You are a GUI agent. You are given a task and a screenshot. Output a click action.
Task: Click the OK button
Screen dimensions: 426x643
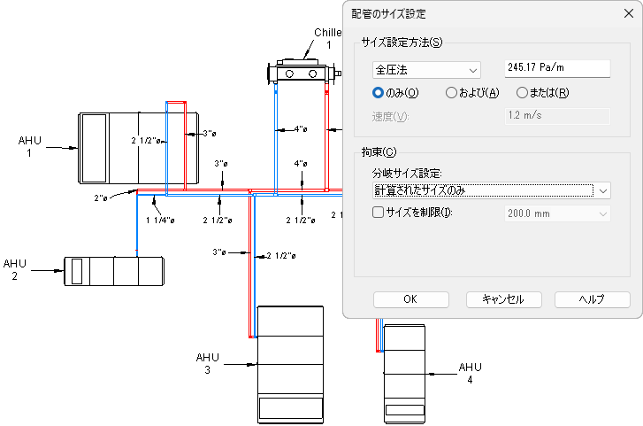(x=410, y=299)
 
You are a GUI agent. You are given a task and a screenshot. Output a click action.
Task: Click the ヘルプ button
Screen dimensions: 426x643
(x=592, y=299)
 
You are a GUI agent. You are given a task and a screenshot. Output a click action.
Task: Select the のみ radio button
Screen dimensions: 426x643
(x=379, y=92)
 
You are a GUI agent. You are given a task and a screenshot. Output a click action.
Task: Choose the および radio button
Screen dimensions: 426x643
(x=451, y=92)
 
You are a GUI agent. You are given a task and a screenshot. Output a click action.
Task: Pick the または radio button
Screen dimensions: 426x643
(x=522, y=92)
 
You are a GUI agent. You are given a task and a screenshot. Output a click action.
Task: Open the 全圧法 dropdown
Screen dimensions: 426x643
(x=426, y=70)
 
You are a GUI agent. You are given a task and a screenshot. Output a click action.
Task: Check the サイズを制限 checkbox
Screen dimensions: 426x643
(x=379, y=213)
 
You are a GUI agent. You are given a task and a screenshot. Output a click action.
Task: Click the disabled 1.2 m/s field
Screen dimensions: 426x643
(x=557, y=115)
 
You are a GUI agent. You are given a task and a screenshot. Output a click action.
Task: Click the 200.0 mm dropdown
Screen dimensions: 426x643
(x=557, y=213)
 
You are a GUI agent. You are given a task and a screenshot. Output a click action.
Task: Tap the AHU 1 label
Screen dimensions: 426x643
(x=30, y=147)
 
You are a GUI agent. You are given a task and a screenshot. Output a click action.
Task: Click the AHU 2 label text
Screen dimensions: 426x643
(x=15, y=270)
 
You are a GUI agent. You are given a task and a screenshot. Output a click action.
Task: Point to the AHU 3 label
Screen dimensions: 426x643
(x=207, y=363)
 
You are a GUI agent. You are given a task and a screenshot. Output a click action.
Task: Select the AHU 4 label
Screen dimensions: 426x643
(x=471, y=373)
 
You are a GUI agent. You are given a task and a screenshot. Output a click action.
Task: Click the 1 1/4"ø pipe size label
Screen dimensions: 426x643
(x=160, y=220)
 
